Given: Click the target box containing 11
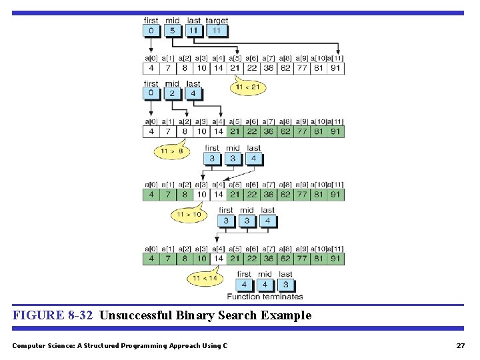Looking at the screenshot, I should click(217, 31).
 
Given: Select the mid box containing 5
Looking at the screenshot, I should click(172, 31).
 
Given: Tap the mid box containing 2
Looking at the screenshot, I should click(172, 93).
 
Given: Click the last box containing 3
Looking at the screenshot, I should click(285, 284).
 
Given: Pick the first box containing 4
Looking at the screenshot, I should click(245, 284).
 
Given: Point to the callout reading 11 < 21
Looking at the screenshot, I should click(248, 87).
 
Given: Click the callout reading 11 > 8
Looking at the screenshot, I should click(172, 151).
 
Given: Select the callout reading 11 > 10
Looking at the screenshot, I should click(189, 215).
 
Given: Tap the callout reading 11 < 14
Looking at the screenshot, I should click(205, 278).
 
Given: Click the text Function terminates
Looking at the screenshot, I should click(265, 297).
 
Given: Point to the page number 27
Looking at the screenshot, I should click(460, 345).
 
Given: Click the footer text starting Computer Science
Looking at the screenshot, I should click(119, 345).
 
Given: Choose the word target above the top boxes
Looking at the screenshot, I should click(217, 21).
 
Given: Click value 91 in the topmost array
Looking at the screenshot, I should click(336, 68).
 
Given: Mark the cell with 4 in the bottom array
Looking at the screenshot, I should click(151, 258).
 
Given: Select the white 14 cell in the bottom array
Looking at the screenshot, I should click(218, 258).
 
